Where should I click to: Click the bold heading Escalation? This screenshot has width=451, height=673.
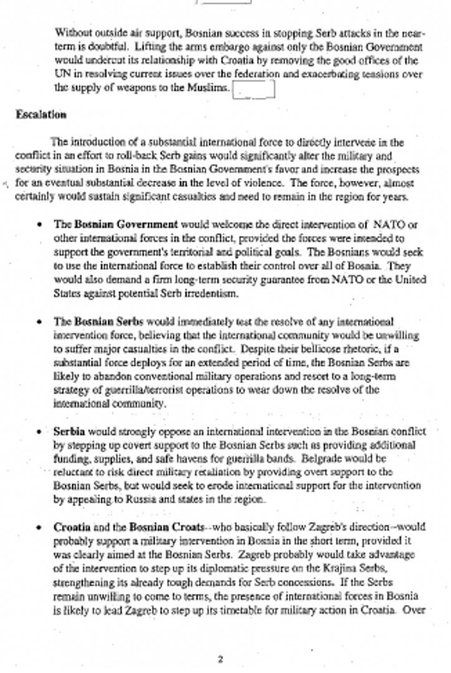pyautogui.click(x=41, y=115)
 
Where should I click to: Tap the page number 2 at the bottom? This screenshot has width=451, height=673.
pyautogui.click(x=220, y=659)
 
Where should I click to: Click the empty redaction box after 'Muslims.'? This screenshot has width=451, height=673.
pyautogui.click(x=254, y=90)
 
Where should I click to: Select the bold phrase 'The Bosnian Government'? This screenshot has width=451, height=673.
pyautogui.click(x=116, y=224)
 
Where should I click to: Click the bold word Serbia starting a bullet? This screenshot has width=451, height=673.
pyautogui.click(x=69, y=431)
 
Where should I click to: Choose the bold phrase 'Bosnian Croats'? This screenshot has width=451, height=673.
pyautogui.click(x=167, y=527)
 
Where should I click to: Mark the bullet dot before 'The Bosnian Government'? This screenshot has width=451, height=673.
pyautogui.click(x=41, y=224)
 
